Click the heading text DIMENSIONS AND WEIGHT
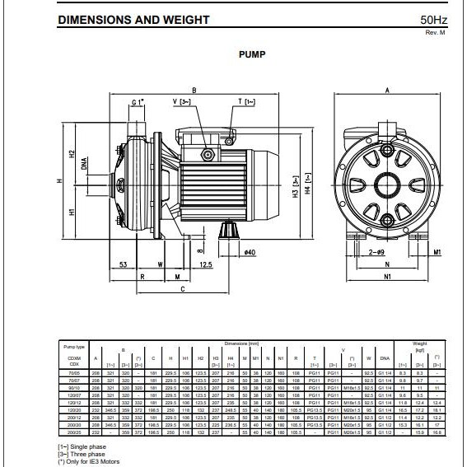coord(133,20)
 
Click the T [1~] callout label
coord(246,102)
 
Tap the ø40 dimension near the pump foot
coord(250,252)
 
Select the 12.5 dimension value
coord(205,264)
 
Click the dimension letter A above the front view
coord(385,90)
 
